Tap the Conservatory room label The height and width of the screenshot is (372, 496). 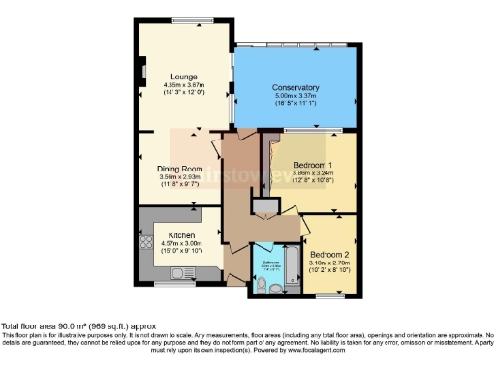pos(295,88)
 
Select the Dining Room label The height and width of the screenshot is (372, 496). pos(179,169)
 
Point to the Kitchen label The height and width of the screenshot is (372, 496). pos(183,235)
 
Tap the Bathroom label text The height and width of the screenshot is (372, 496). pos(271,260)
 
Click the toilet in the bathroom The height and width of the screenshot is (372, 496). pos(264,283)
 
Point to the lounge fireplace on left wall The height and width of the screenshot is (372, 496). pos(141,71)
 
